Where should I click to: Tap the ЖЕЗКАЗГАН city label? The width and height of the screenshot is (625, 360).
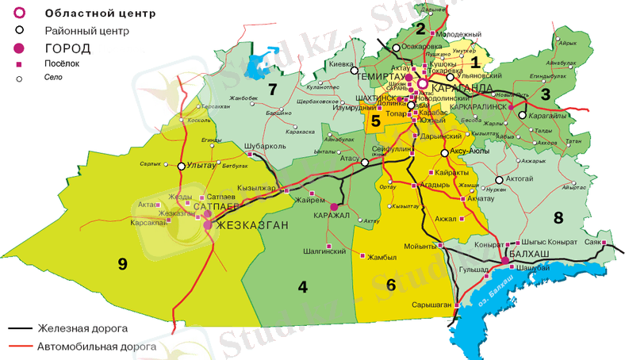tap(248, 225)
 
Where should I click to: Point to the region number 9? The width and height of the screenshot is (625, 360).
tap(122, 264)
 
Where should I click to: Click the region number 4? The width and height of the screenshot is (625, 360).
tap(302, 286)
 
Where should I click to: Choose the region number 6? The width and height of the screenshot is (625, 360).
tap(390, 284)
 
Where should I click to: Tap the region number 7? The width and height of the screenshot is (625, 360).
tap(272, 87)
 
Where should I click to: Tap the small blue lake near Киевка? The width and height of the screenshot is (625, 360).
tap(256, 64)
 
